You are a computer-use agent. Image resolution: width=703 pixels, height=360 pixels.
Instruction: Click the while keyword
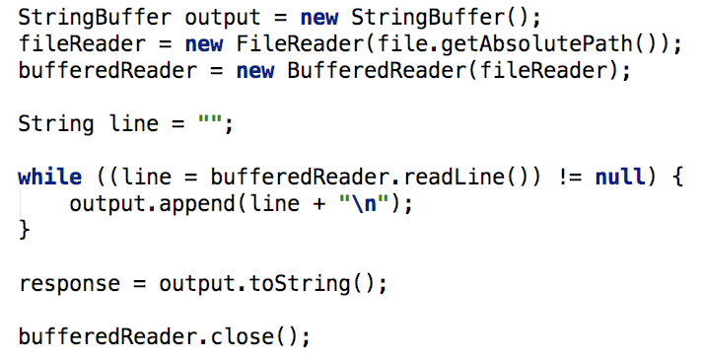coord(50,178)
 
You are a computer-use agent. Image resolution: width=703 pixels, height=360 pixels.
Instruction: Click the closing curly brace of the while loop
coord(25,231)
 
